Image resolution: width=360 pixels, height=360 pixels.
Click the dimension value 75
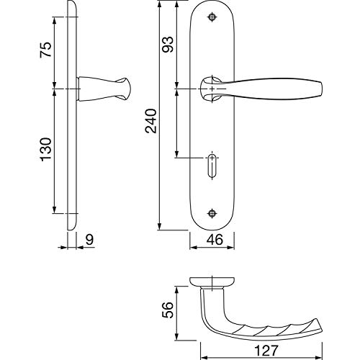[45, 50]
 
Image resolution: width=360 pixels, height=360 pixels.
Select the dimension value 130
[45, 149]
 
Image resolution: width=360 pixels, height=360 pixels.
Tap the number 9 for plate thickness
[89, 240]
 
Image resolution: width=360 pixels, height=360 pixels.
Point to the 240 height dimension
[150, 121]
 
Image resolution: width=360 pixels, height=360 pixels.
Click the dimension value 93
[167, 45]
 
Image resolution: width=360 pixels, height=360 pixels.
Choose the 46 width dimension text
[215, 240]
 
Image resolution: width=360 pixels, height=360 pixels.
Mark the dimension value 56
[167, 310]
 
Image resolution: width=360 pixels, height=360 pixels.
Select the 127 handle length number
[266, 351]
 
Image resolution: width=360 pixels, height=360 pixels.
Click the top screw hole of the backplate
[212, 17]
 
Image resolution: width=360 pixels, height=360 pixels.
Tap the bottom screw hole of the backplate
[212, 213]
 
